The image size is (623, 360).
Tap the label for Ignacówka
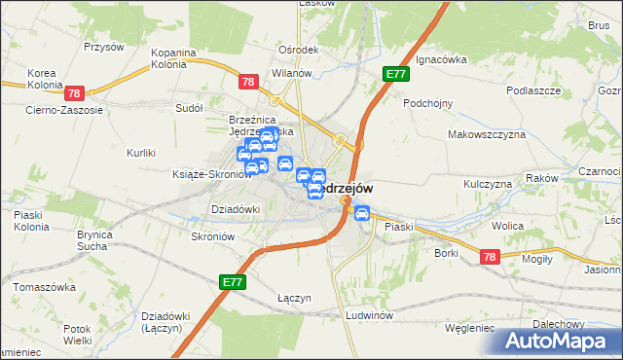pos(440,59)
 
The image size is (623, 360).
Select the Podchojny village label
pos(429,102)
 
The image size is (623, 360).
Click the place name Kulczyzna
pos(488,183)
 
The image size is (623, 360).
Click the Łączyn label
pos(293,298)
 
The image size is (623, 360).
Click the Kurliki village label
pos(141,153)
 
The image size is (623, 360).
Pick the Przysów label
pos(103,46)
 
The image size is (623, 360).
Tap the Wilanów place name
pos(290,73)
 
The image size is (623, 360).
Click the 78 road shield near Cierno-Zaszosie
pos(75,93)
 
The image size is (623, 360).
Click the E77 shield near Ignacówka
pos(395,73)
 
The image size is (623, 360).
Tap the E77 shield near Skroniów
pos(233,280)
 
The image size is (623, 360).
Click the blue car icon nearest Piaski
pos(361,213)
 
